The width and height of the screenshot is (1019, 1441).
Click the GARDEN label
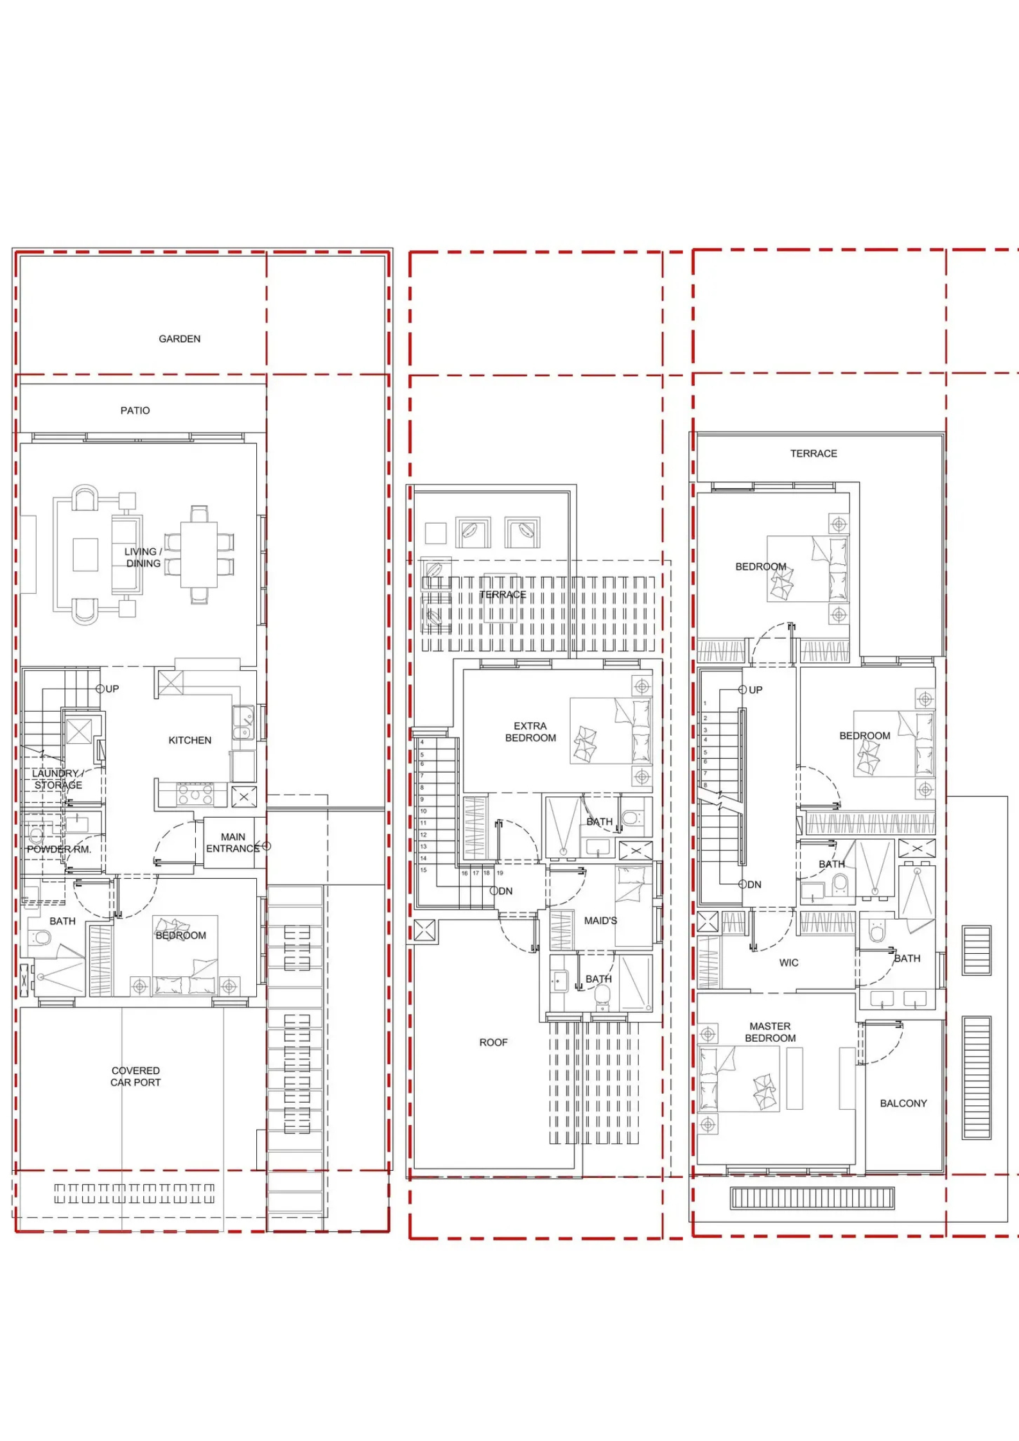click(180, 339)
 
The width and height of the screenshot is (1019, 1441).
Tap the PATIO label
click(135, 411)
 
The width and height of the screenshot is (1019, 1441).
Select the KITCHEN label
click(190, 740)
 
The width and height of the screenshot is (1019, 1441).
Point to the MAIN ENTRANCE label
click(232, 843)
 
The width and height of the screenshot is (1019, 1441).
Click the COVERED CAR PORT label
click(135, 1076)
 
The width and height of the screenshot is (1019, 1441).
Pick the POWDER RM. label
click(59, 849)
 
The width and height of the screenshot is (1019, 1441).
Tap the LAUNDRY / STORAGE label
click(58, 779)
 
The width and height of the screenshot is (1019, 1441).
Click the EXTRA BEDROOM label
click(530, 732)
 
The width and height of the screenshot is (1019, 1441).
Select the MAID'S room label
click(600, 920)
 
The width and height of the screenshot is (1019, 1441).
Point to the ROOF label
click(493, 1042)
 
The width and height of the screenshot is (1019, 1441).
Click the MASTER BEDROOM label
click(771, 1032)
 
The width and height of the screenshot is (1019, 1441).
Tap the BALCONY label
click(903, 1103)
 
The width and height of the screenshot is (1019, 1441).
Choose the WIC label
click(789, 963)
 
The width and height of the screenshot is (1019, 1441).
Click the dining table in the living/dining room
click(199, 555)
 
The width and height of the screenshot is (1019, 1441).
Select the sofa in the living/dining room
click(126, 555)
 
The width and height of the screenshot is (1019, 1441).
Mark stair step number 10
click(423, 811)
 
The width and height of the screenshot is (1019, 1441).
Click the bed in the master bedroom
click(739, 1078)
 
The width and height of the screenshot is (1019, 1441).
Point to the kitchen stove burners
click(195, 794)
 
